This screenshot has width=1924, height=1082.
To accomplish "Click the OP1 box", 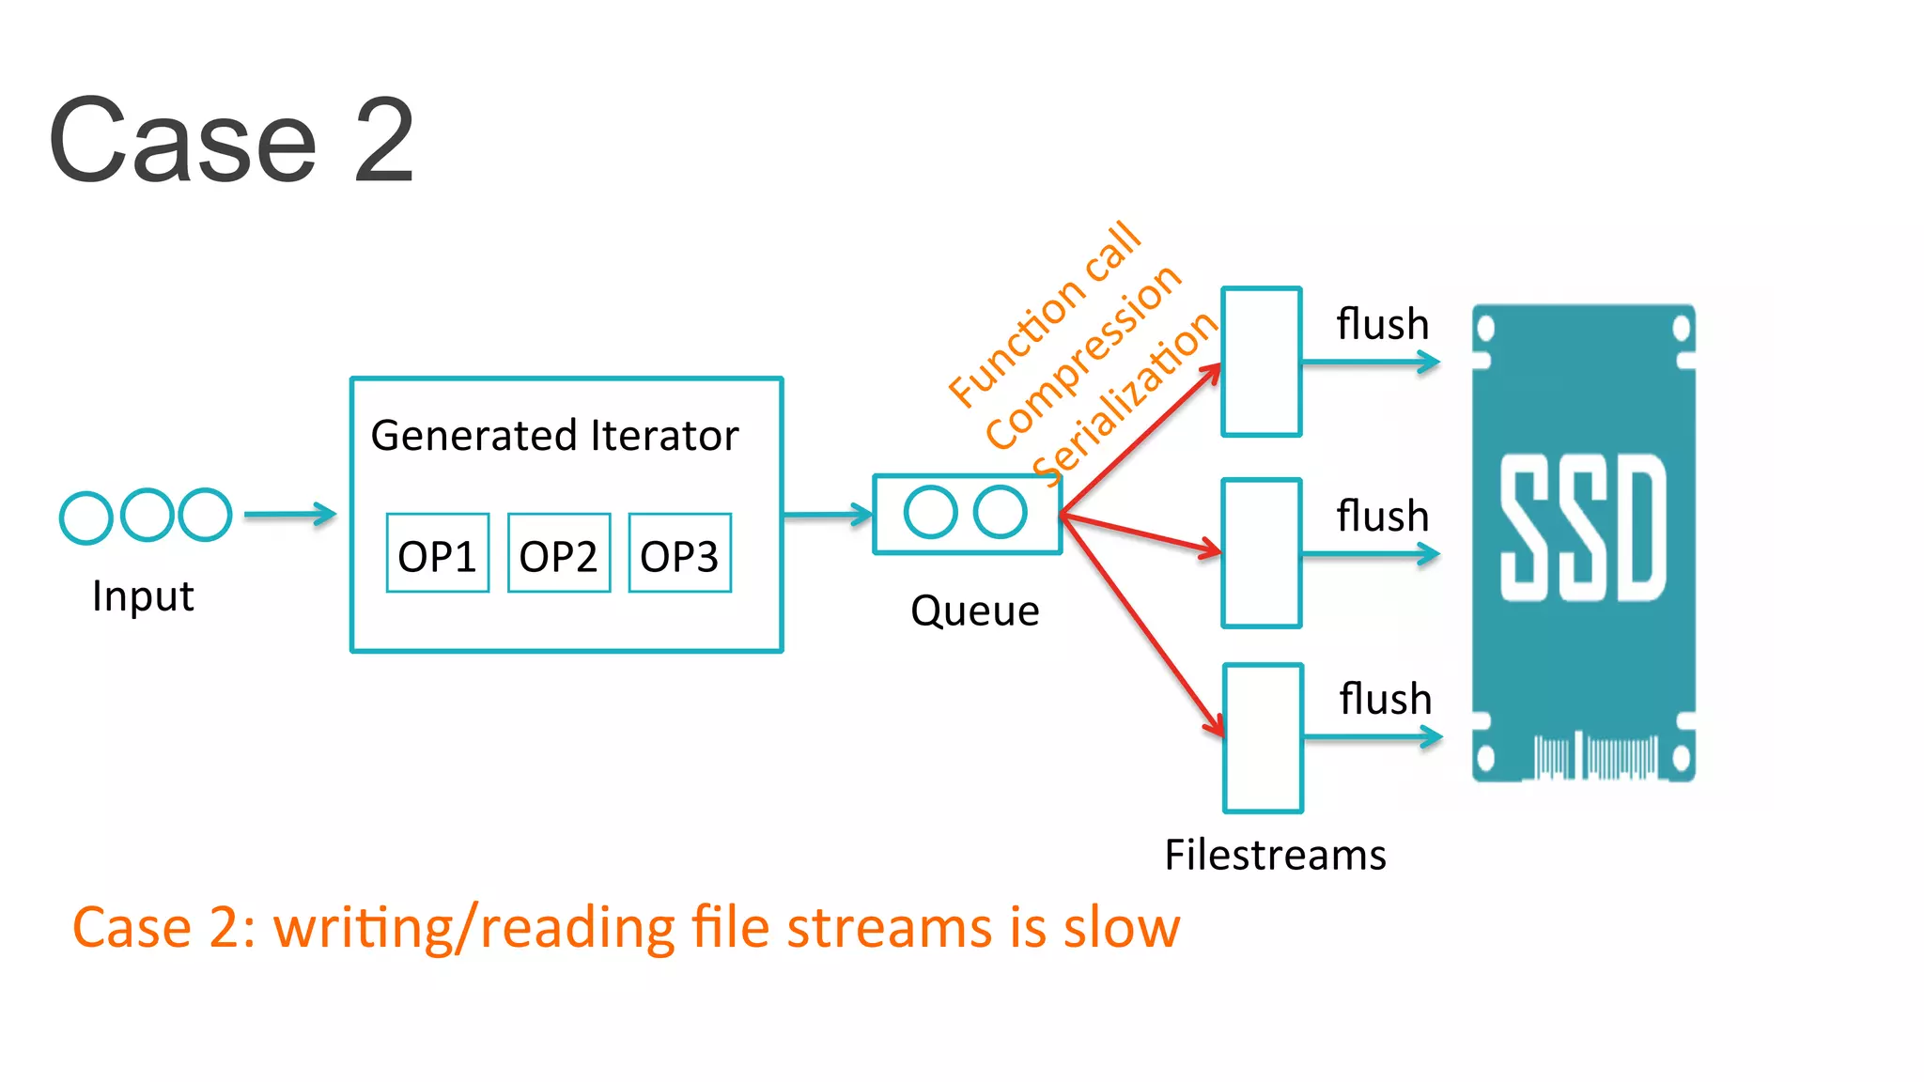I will (x=438, y=553).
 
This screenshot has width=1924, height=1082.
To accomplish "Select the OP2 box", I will (x=559, y=553).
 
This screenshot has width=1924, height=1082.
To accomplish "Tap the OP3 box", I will (x=679, y=553).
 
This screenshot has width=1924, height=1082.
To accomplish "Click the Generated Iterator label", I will (x=554, y=436).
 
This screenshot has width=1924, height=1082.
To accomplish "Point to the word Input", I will (x=143, y=596).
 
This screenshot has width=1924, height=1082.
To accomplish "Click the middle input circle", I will (x=147, y=515).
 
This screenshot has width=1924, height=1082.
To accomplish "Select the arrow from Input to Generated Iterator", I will (x=289, y=515).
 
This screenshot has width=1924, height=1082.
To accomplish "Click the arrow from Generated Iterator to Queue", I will (x=827, y=515).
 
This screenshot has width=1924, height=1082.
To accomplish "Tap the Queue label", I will (x=974, y=611).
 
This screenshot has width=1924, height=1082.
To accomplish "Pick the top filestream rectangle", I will (x=1261, y=362).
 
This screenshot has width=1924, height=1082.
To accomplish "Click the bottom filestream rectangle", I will (x=1263, y=738).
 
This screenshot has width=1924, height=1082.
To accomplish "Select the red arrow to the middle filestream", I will (x=1141, y=533).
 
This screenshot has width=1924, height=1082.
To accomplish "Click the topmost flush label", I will (x=1382, y=325).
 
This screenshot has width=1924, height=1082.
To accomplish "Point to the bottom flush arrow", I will (x=1372, y=738).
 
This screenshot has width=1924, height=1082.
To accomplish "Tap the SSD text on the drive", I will (x=1583, y=528).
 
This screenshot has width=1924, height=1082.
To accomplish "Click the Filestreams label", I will (x=1275, y=856).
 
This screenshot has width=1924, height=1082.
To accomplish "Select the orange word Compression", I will (x=1082, y=356).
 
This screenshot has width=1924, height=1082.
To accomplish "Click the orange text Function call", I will (x=1044, y=315).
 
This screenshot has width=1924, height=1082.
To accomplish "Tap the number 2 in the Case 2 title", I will (x=383, y=141).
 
